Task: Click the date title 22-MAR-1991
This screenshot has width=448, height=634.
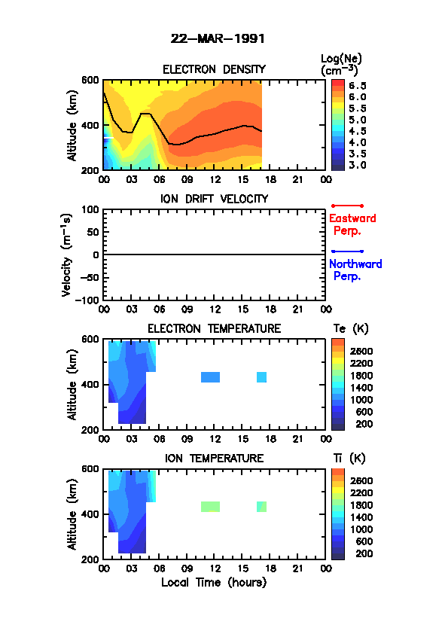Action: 218,39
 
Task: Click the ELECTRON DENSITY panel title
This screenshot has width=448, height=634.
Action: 214,69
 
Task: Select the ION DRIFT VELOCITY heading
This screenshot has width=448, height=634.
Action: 214,199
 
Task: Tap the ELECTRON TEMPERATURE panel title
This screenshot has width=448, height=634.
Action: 214,329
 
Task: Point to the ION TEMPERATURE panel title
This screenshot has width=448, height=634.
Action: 214,459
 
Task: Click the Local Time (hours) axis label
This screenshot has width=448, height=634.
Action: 214,583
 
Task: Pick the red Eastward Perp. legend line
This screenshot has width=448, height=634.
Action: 347,206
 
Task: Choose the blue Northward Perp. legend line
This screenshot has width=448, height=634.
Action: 347,251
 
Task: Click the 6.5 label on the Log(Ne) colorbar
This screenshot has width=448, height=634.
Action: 358,86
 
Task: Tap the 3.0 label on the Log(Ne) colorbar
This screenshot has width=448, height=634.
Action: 358,166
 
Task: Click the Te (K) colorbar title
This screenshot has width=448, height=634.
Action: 351,329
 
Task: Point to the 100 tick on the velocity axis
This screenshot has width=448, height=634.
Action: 90,209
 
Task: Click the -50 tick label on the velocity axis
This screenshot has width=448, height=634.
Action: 90,277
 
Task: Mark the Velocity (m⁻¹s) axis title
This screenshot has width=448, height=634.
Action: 66,255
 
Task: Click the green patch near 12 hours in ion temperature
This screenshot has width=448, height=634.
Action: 210,507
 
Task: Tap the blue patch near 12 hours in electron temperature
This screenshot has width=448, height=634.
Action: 210,377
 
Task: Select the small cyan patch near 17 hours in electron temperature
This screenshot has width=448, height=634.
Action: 261,377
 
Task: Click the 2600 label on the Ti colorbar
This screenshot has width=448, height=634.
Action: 361,480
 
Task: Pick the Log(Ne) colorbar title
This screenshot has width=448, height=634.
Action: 341,65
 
